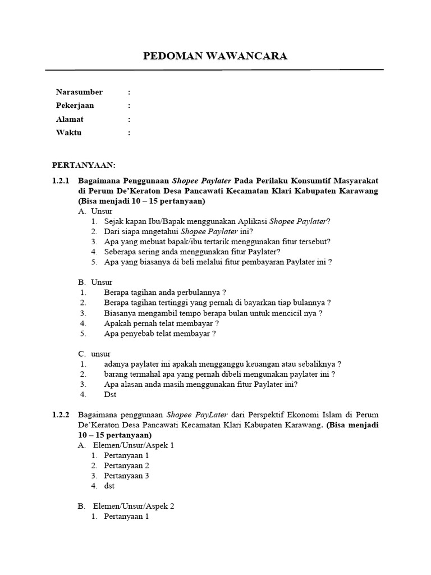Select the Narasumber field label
tap(79, 92)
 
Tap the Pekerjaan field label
tap(75, 106)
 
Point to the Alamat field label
tap(70, 119)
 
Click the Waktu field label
tap(68, 133)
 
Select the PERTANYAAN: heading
tap(84, 165)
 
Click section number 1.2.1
tap(60, 181)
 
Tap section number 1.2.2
tap(60, 415)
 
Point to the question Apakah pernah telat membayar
tap(161, 323)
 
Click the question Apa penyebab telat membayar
tap(160, 334)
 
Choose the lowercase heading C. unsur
tap(94, 354)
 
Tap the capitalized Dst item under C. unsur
tap(110, 394)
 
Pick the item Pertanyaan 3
tap(126, 476)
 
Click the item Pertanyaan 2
tap(126, 466)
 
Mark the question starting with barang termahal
tap(219, 374)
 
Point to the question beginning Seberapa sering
tap(192, 252)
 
